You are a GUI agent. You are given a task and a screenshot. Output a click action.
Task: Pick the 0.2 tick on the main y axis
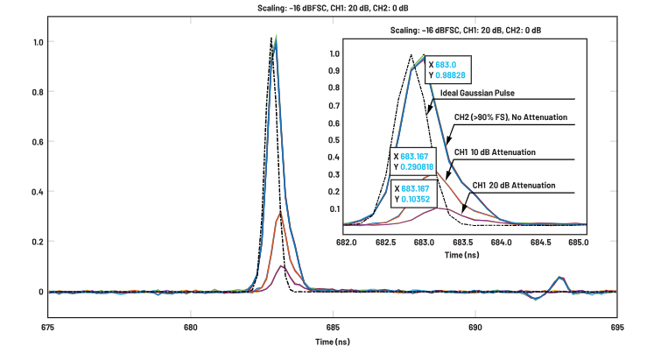click(37, 242)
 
